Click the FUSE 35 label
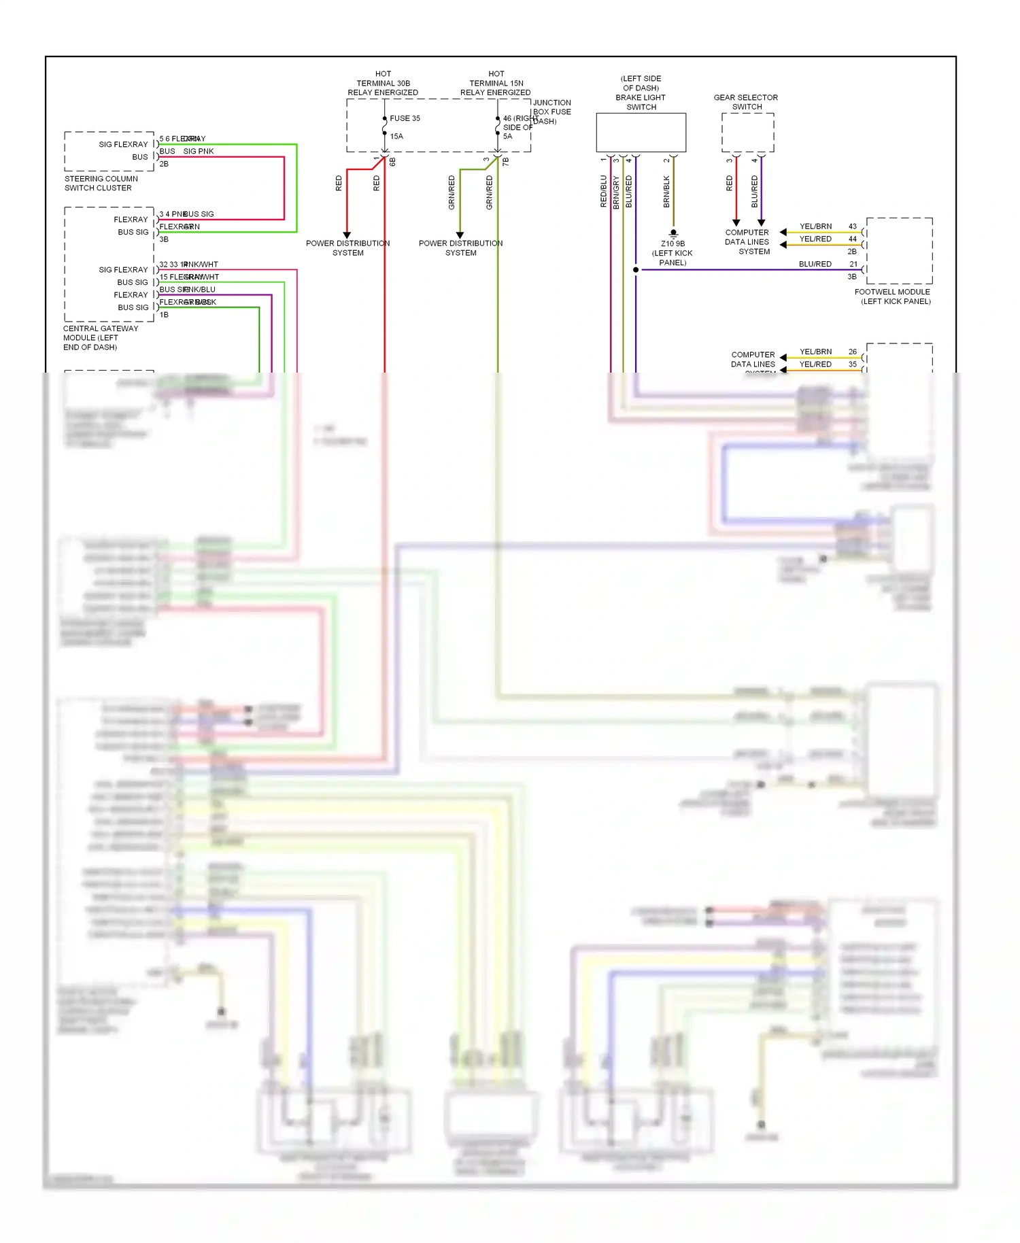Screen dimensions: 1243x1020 [405, 118]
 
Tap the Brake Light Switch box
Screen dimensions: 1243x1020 [641, 133]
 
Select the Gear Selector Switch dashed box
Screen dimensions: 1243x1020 [747, 133]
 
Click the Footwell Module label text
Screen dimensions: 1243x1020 [893, 296]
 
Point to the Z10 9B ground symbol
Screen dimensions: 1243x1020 [673, 234]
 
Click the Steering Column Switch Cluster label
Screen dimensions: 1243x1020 [101, 184]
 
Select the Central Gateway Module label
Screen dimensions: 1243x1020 [100, 338]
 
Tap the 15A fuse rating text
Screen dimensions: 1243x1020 [396, 137]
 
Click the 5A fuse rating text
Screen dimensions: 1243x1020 [507, 137]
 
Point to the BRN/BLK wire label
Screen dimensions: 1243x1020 [666, 192]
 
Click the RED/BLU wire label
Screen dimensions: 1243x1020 [603, 191]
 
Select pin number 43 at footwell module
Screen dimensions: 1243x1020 [853, 226]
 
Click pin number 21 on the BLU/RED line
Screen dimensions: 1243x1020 [853, 265]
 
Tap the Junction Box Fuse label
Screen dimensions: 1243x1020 [551, 112]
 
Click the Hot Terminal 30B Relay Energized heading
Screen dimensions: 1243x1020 [383, 84]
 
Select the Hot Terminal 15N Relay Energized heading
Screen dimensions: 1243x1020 [496, 84]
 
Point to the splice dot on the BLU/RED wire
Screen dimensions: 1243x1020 [636, 270]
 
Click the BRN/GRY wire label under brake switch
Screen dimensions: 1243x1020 [616, 192]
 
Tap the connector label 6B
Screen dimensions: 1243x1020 [392, 162]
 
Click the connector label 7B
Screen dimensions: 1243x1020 [505, 162]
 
